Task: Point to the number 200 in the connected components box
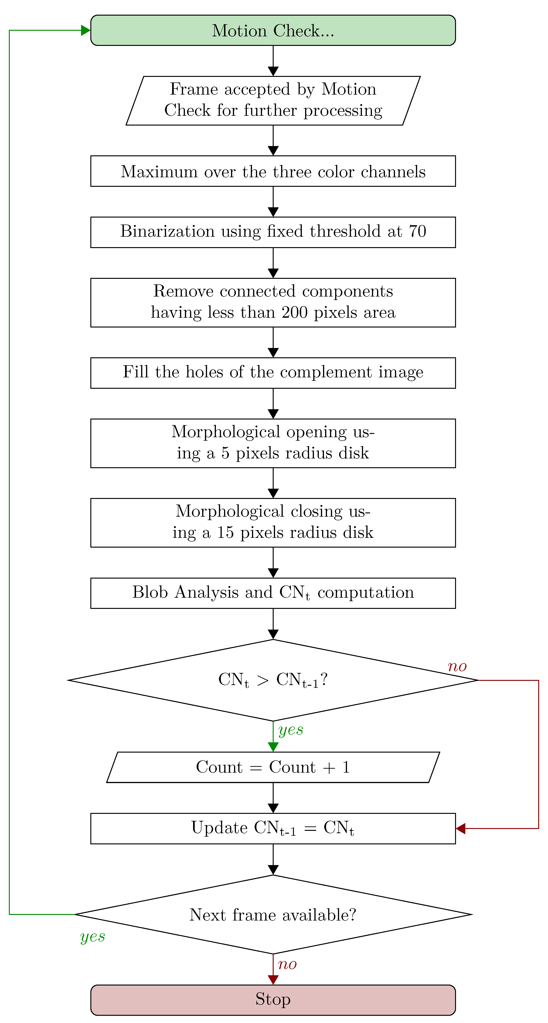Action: [294, 313]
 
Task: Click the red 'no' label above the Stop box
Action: [287, 964]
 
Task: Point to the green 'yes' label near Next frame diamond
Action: [92, 936]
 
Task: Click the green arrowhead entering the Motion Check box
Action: [85, 31]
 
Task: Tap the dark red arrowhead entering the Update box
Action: [461, 829]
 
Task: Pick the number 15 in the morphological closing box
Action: [225, 532]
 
